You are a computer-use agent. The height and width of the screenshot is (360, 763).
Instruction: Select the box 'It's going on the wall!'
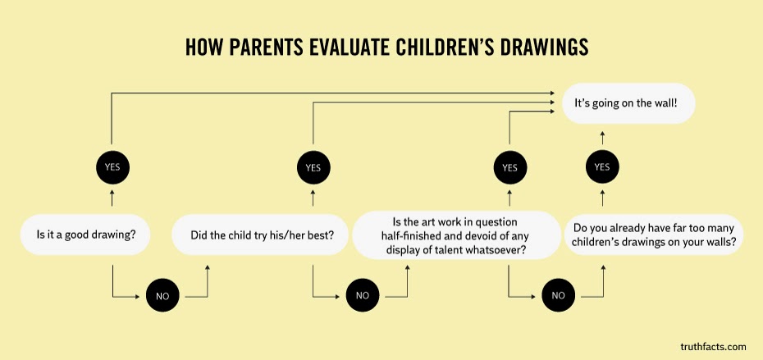pyautogui.click(x=628, y=103)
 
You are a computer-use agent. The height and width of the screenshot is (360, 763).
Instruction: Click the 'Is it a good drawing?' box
pyautogui.click(x=85, y=235)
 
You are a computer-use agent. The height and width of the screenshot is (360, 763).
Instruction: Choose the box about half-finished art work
pyautogui.click(x=456, y=235)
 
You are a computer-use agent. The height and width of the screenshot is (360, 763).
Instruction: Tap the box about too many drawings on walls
pyautogui.click(x=654, y=235)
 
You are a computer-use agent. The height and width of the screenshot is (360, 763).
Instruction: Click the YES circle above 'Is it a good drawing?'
pyautogui.click(x=112, y=166)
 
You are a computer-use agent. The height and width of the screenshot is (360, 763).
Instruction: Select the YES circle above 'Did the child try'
pyautogui.click(x=313, y=167)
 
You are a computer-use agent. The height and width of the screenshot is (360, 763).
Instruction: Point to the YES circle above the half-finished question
pyautogui.click(x=509, y=167)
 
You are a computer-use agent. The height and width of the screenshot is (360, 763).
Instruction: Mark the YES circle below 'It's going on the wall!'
pyautogui.click(x=602, y=166)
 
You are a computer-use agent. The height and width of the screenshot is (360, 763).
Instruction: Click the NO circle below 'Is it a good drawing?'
pyautogui.click(x=162, y=296)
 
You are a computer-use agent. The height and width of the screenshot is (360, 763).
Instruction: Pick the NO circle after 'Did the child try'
pyautogui.click(x=363, y=295)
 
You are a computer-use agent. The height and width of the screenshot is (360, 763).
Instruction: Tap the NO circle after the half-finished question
pyautogui.click(x=558, y=295)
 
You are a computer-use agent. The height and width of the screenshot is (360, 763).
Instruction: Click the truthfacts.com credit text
pyautogui.click(x=713, y=347)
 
